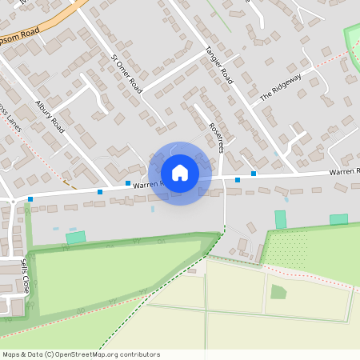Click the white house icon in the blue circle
point(180,173)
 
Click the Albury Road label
point(50,115)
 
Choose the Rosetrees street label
point(214,137)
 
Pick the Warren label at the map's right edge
point(345,171)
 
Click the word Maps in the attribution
point(12,354)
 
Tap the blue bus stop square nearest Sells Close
point(30,198)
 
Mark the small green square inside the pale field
point(278,292)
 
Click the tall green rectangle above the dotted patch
point(280,219)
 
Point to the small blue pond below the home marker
point(152,210)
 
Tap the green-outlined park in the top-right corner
point(352,40)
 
